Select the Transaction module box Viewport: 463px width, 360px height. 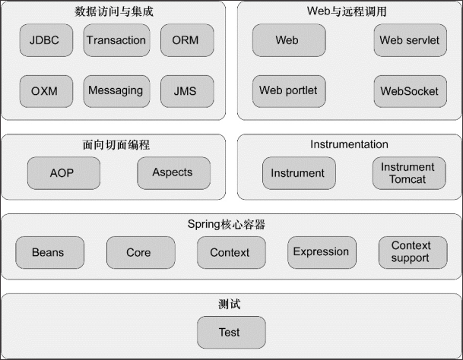click(116, 40)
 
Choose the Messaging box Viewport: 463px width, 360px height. click(116, 91)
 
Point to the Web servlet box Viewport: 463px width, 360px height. click(410, 40)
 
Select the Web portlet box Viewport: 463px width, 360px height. click(288, 91)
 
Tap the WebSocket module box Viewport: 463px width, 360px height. click(410, 91)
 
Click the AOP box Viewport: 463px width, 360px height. click(62, 173)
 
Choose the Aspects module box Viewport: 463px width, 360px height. click(173, 173)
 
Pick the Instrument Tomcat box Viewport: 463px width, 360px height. click(408, 173)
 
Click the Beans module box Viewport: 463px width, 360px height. click(48, 252)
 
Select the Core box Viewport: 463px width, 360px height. click(139, 252)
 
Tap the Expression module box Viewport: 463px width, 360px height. click(322, 252)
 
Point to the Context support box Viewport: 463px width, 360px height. click(411, 252)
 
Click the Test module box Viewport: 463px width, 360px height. click(230, 333)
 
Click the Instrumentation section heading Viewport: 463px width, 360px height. click(349, 144)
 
